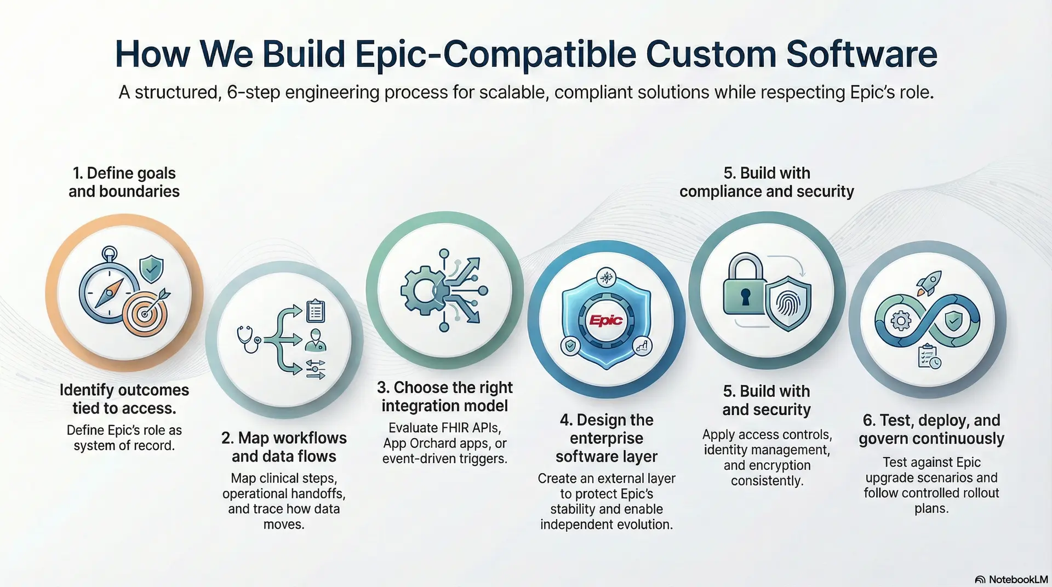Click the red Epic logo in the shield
(606, 320)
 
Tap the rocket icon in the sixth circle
(929, 283)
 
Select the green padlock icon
(744, 284)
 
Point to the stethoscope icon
(249, 338)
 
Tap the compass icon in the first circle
(108, 289)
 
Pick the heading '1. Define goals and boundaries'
(124, 182)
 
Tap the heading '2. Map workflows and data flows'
(284, 447)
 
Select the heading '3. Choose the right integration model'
(444, 396)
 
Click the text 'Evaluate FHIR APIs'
(444, 428)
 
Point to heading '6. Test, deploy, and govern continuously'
(931, 429)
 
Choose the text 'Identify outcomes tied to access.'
(124, 399)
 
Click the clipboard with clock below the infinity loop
(929, 356)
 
